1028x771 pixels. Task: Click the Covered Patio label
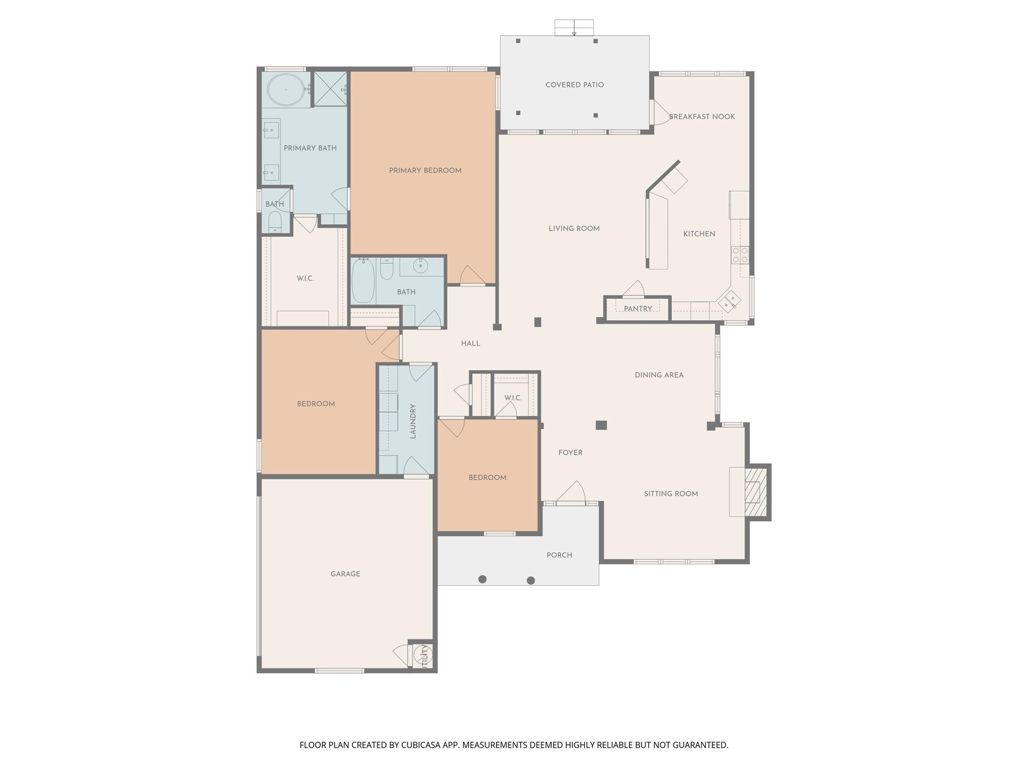pos(574,85)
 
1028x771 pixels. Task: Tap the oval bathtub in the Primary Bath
pos(286,90)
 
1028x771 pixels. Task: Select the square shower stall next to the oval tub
pos(330,89)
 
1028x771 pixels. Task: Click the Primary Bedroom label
pos(425,171)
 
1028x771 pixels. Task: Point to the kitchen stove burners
pos(740,255)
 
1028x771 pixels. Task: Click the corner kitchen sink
pos(729,302)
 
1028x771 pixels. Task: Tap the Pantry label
pos(637,309)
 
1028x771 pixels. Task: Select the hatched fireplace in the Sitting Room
pos(756,492)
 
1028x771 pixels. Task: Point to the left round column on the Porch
pos(482,579)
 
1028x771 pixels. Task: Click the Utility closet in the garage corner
pos(423,656)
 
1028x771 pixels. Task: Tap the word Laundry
pos(413,421)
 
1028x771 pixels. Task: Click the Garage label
pos(345,574)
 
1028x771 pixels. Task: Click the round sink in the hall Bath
pos(420,266)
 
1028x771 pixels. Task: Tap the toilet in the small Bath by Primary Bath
pos(275,221)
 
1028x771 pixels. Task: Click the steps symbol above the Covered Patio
pos(574,28)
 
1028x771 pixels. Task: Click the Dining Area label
pos(659,375)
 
